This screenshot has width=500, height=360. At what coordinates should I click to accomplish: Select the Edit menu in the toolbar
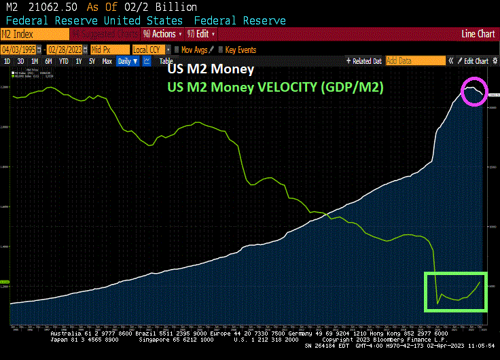(x=202, y=33)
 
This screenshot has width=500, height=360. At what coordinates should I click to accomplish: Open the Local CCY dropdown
(x=149, y=49)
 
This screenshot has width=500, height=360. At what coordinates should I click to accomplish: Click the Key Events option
(x=240, y=49)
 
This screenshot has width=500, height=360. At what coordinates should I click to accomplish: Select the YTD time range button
(x=64, y=61)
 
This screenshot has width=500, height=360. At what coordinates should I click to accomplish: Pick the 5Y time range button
(x=92, y=61)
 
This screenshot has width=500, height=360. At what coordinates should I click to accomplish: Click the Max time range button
(x=107, y=61)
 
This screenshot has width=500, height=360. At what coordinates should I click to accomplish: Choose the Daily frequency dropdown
(x=126, y=61)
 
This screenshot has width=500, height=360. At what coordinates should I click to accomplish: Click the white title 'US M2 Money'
(x=211, y=70)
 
